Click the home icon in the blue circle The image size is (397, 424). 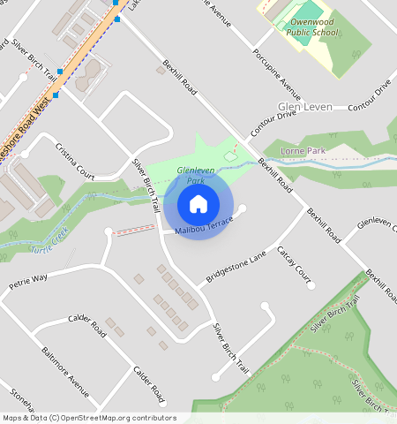coord(198,204)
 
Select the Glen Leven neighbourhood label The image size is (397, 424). coord(304,106)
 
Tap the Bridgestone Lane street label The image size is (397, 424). coord(236,267)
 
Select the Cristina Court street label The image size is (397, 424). coord(74,160)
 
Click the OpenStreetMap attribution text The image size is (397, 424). coord(88,418)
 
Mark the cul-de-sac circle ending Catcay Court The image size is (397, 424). coord(311,285)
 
